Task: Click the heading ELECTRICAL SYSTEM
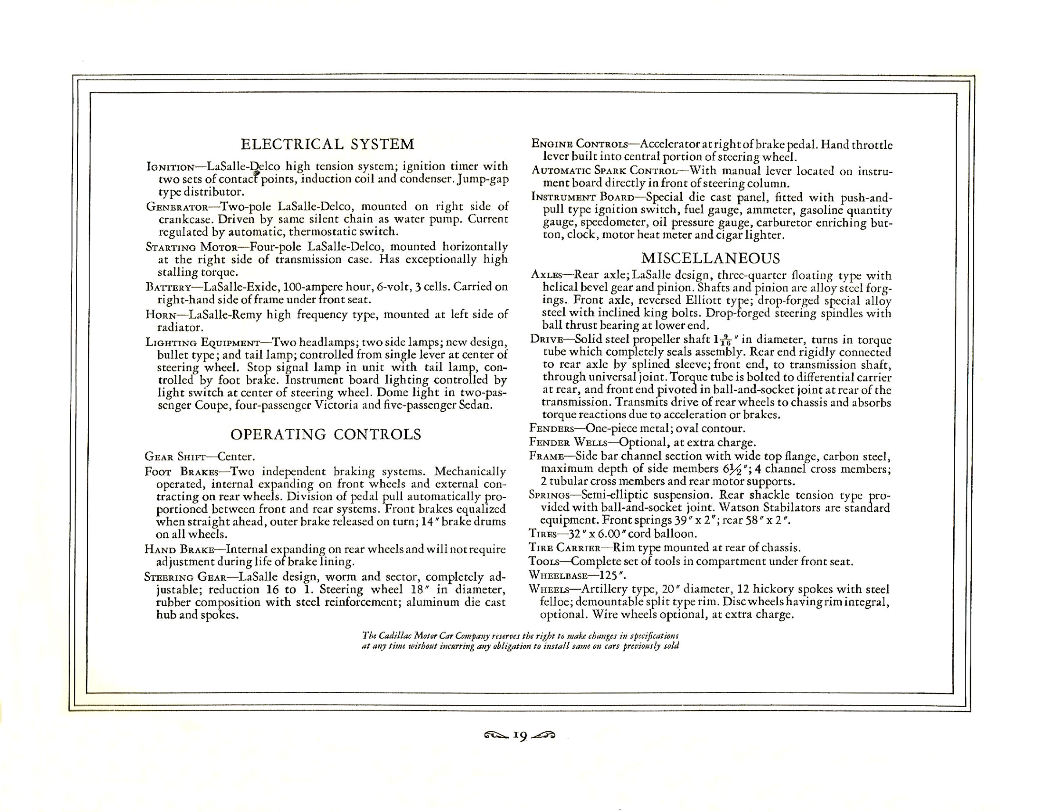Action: click(x=328, y=144)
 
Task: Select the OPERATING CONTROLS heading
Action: click(x=325, y=435)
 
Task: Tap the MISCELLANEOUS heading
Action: click(x=710, y=258)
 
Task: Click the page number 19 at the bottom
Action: click(x=520, y=736)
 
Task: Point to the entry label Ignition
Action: click(x=170, y=167)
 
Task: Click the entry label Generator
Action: click(x=177, y=207)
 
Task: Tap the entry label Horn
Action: click(x=162, y=315)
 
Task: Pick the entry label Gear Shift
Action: click(x=175, y=457)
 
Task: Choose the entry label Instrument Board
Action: click(x=582, y=197)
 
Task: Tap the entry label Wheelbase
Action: click(x=558, y=576)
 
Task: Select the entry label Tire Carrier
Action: click(x=564, y=548)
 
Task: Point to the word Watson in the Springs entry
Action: click(x=736, y=508)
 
